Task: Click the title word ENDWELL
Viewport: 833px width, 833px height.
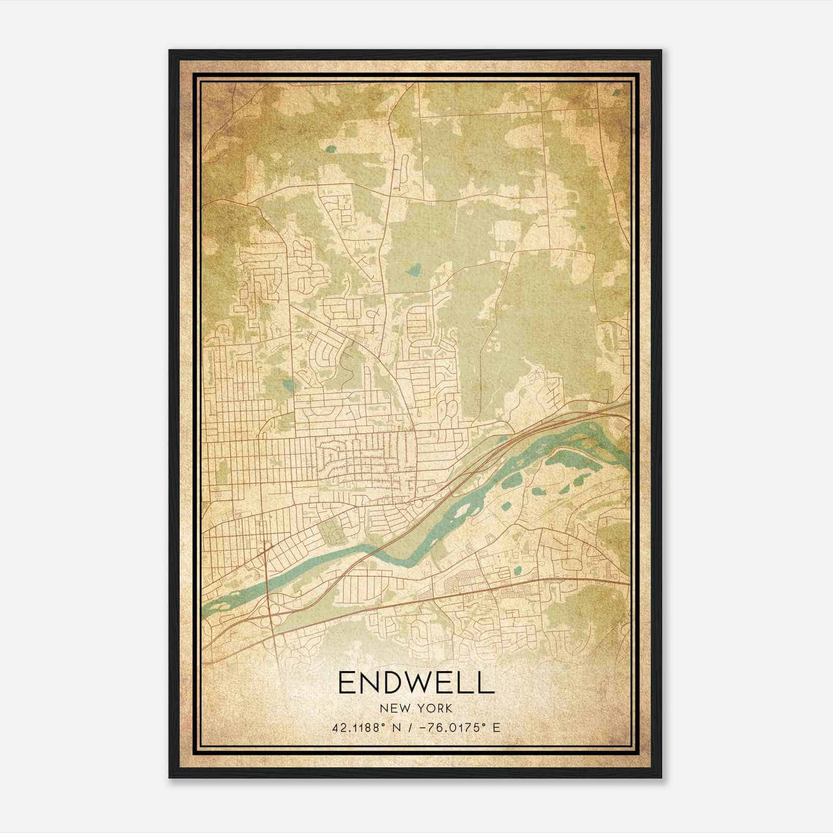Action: coord(416,683)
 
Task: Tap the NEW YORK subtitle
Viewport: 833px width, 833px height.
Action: coord(416,708)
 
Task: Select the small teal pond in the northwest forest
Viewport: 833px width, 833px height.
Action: coord(330,149)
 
